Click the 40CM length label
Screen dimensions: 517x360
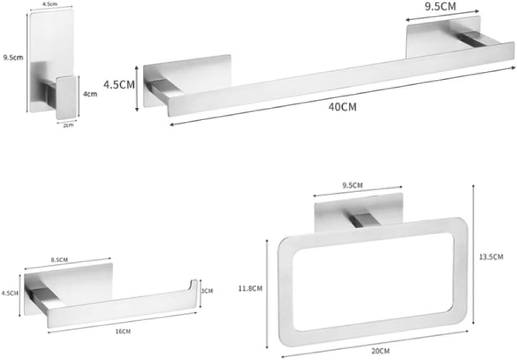click(343, 107)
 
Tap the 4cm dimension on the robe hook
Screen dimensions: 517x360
click(90, 94)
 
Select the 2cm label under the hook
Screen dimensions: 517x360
click(68, 125)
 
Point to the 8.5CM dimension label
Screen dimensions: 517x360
click(60, 260)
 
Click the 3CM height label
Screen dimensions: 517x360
click(207, 291)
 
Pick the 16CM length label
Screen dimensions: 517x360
click(123, 331)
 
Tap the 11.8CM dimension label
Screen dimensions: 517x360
click(250, 289)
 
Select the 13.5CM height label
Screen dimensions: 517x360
click(491, 257)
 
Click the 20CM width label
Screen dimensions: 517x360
click(380, 351)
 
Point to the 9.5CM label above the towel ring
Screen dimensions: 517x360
click(352, 185)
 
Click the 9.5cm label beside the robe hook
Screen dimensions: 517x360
click(13, 57)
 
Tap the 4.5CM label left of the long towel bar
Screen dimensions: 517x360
click(119, 84)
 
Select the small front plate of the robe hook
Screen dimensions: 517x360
click(67, 98)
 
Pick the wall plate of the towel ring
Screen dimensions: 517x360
click(359, 212)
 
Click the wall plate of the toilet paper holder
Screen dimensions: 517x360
click(69, 287)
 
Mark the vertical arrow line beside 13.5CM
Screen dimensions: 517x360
click(473, 254)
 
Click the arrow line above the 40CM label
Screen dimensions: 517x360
click(342, 96)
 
